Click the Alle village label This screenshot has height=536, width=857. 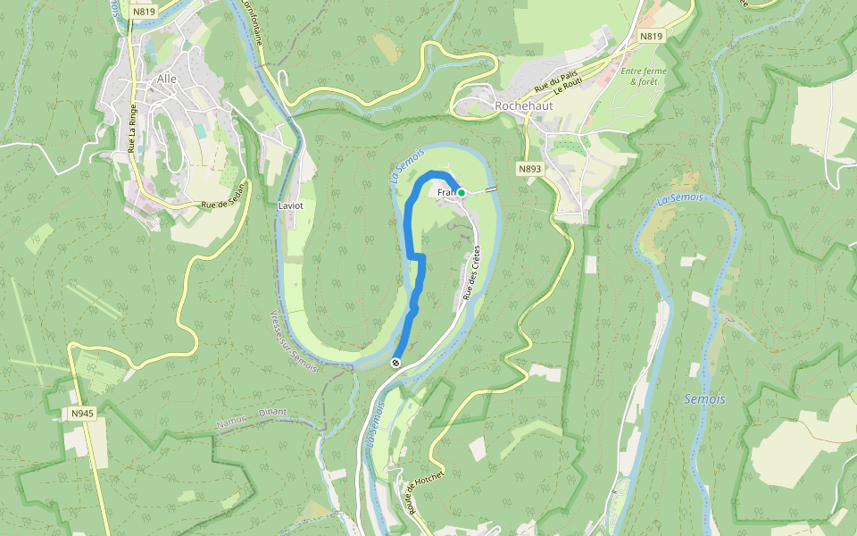(167, 79)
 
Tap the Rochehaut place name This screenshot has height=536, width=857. (523, 105)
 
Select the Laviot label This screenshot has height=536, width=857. (291, 205)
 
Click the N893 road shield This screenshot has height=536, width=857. (529, 168)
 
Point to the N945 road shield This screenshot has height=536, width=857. (83, 414)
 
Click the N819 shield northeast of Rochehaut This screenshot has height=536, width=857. (652, 37)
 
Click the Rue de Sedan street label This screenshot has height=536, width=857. (222, 205)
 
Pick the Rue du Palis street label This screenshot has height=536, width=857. (551, 82)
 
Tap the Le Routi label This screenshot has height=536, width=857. (567, 87)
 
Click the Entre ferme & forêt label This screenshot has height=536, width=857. (645, 76)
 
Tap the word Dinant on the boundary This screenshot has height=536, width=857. (272, 413)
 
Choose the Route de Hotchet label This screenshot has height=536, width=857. (425, 491)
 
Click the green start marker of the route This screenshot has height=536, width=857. (462, 192)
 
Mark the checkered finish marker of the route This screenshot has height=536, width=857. (395, 363)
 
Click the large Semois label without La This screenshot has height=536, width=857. (704, 399)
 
